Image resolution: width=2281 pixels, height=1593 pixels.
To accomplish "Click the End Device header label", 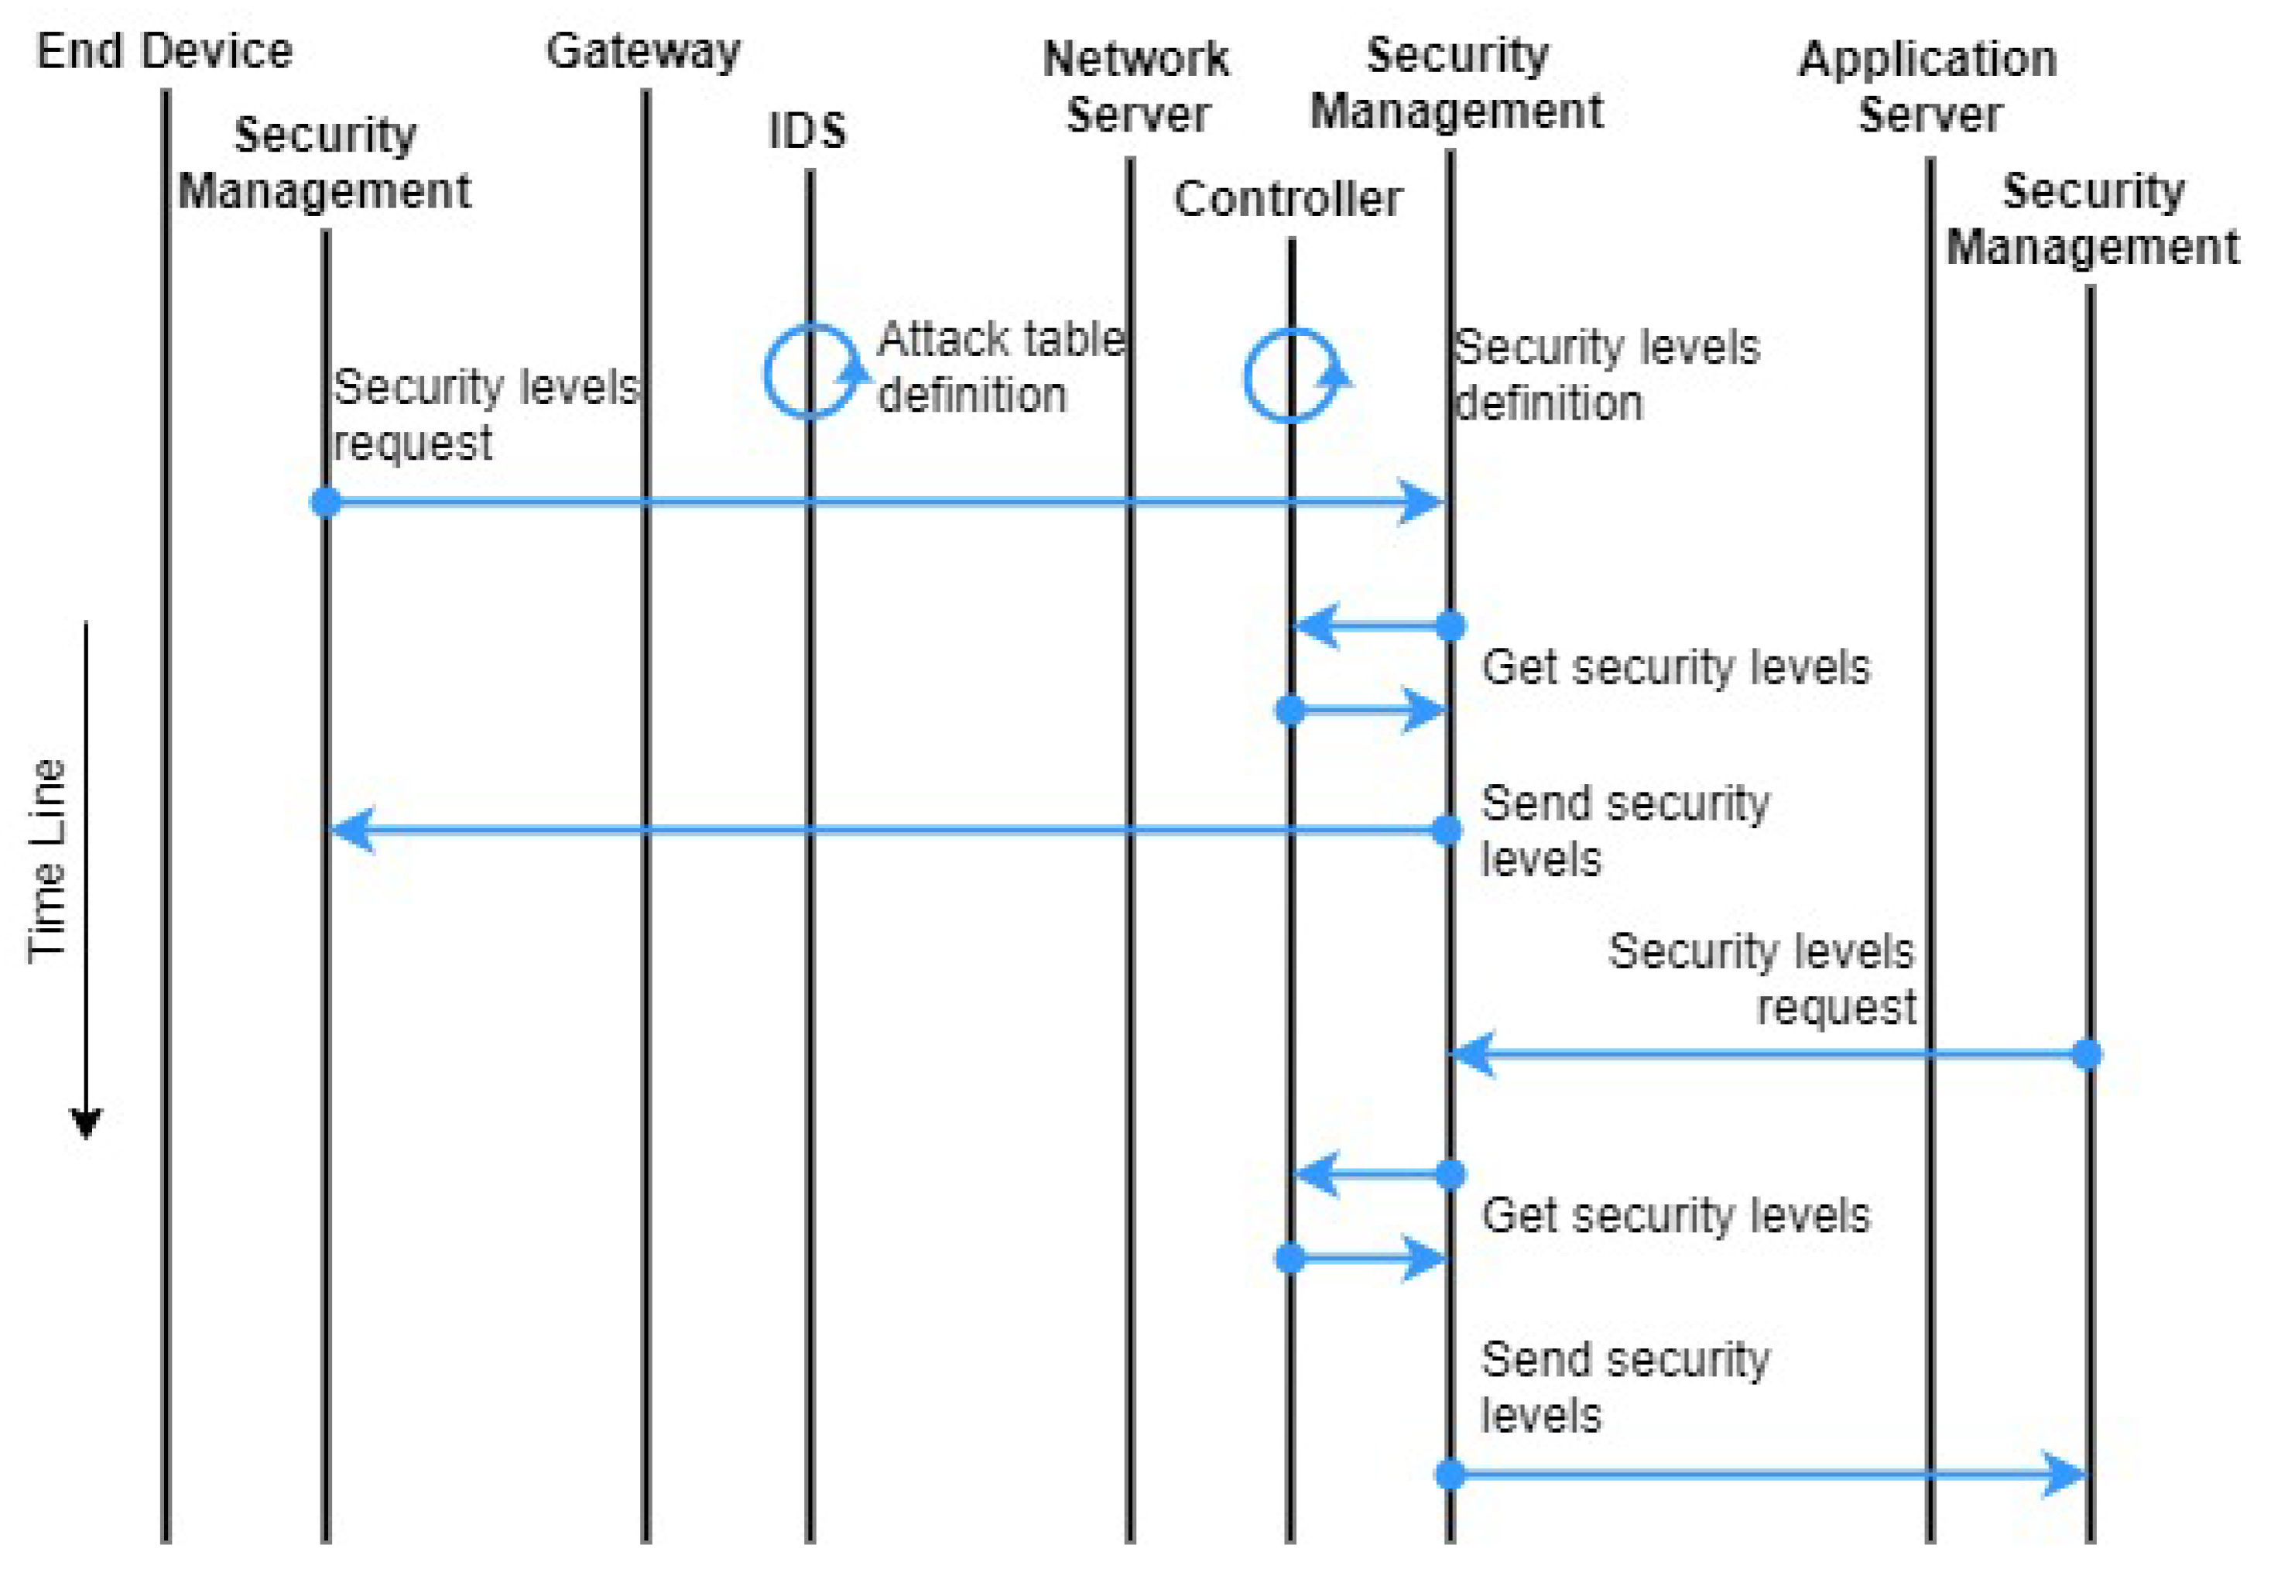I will (x=164, y=52).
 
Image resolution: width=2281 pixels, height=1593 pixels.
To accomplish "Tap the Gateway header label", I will (x=644, y=52).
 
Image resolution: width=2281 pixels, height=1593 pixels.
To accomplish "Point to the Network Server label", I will (x=1135, y=87).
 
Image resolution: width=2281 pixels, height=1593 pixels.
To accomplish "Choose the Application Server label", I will (x=1927, y=87).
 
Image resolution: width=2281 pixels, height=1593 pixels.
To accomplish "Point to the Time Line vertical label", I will (x=46, y=861).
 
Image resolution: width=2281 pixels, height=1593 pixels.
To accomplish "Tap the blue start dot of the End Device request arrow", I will (x=326, y=502).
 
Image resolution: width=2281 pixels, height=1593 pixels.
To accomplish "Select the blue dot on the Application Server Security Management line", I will (x=2087, y=1053).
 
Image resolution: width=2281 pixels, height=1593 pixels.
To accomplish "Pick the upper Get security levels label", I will (x=1675, y=666).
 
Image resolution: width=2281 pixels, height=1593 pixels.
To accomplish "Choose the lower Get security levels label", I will (x=1675, y=1215).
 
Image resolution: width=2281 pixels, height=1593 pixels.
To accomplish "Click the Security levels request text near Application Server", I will (x=1762, y=979).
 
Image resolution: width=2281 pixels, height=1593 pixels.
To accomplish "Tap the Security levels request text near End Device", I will (x=485, y=414).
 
